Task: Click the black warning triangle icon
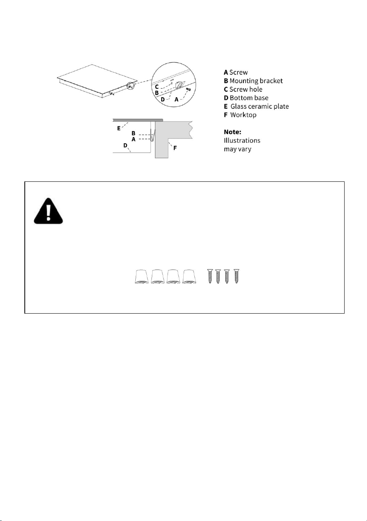48,211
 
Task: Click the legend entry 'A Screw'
236,72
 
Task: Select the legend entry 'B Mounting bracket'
253,81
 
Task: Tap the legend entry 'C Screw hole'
243,89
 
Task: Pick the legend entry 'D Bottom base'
246,98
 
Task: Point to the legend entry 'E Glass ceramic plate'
256,106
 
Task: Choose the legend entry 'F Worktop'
240,115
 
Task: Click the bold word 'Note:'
232,132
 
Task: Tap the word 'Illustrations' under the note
242,140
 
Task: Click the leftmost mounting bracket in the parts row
142,277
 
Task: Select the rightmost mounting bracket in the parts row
189,277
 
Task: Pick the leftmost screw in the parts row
210,276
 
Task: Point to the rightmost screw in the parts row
236,276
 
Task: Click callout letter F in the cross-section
175,148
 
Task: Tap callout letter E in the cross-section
119,128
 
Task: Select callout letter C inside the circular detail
157,87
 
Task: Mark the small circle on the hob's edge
131,86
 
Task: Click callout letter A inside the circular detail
177,100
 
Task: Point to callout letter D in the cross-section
125,146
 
